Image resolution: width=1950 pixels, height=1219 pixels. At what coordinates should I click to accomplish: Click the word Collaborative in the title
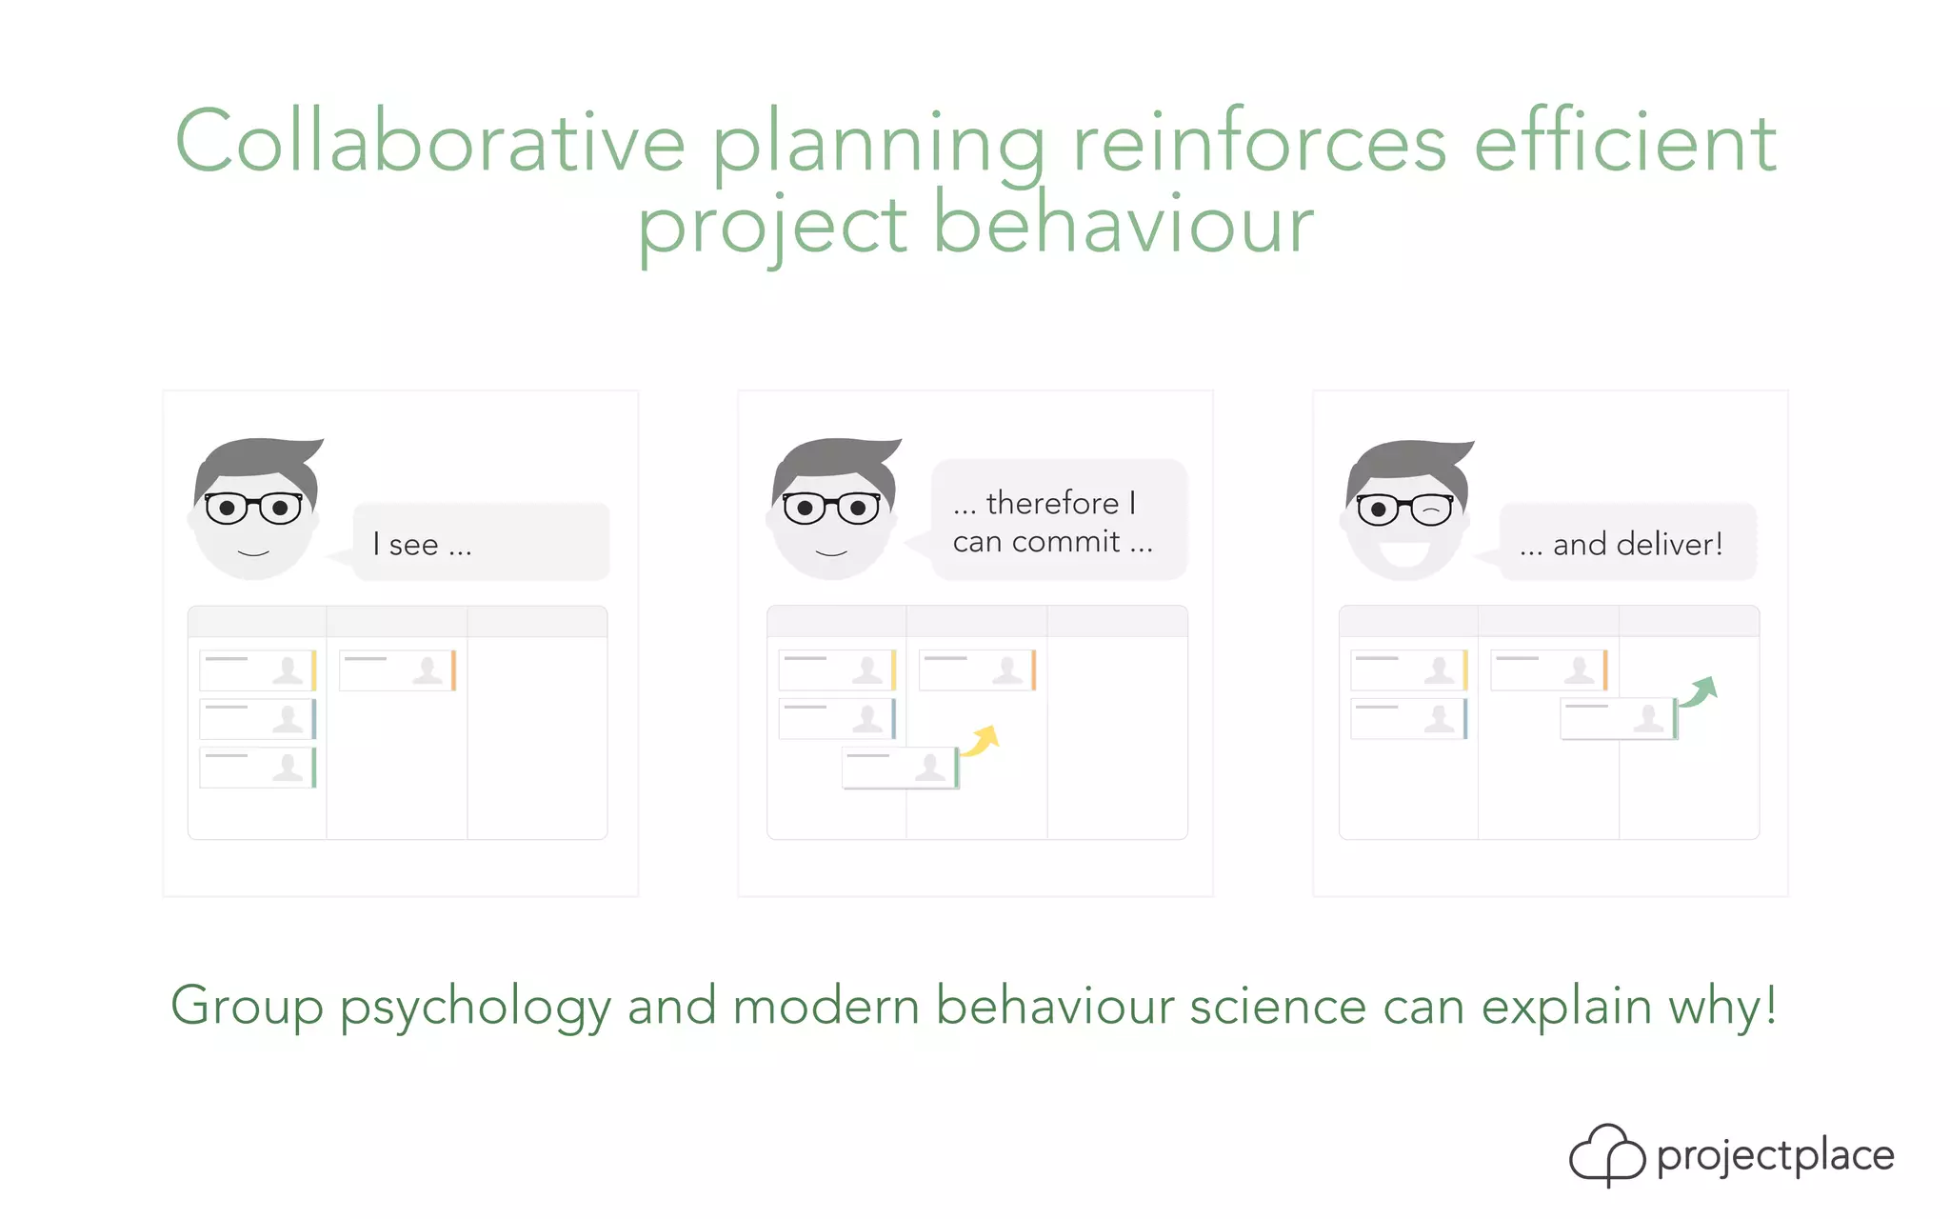(x=430, y=143)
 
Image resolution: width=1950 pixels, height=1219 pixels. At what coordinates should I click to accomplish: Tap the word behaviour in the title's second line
(x=1123, y=225)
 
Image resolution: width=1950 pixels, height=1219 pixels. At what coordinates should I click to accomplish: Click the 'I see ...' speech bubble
(x=481, y=543)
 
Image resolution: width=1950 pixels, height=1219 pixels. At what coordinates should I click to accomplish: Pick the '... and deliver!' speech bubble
(x=1627, y=543)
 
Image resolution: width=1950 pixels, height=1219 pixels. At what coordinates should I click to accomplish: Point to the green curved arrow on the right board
(x=1700, y=690)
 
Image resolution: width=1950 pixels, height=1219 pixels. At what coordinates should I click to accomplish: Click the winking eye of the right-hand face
(x=1431, y=510)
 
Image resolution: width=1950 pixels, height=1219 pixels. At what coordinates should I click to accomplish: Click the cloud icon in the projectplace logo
(x=1606, y=1154)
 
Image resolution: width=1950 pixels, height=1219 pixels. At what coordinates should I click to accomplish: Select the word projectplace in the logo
(x=1775, y=1156)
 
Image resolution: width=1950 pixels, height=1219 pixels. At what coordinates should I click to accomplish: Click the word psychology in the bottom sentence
(x=475, y=1007)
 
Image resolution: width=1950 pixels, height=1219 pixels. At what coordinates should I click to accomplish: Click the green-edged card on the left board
(x=257, y=768)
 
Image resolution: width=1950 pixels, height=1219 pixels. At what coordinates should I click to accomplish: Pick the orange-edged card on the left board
(x=397, y=670)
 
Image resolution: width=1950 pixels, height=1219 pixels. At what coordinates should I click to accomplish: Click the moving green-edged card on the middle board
(x=900, y=768)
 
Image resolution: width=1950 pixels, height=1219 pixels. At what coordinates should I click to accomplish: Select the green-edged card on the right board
(x=1618, y=719)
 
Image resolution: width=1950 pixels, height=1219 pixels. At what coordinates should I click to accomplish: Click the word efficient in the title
(x=1624, y=143)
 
